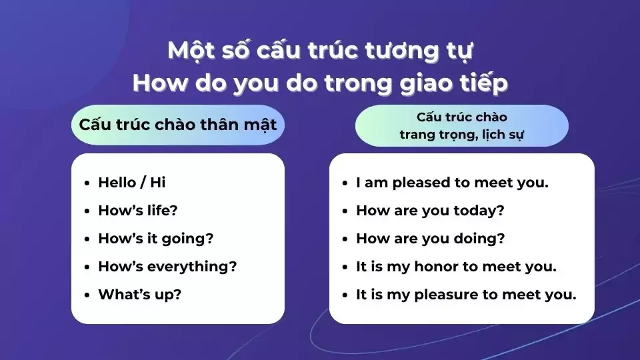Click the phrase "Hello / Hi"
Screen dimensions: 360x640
tap(131, 182)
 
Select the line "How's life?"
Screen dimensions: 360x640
tap(137, 211)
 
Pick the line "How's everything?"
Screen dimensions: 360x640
tap(167, 267)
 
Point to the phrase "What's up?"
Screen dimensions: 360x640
tap(139, 295)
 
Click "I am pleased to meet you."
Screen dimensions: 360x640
tap(452, 182)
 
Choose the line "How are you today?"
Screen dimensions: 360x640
tap(430, 211)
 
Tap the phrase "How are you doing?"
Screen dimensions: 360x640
tap(430, 239)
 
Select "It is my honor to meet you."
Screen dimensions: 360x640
tap(456, 267)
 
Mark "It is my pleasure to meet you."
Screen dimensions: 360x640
tap(466, 295)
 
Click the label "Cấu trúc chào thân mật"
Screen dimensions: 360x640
tap(177, 125)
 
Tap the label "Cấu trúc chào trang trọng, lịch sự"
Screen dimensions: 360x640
tap(461, 125)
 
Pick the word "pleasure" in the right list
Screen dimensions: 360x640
tap(445, 295)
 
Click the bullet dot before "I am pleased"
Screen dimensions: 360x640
tap(345, 183)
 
